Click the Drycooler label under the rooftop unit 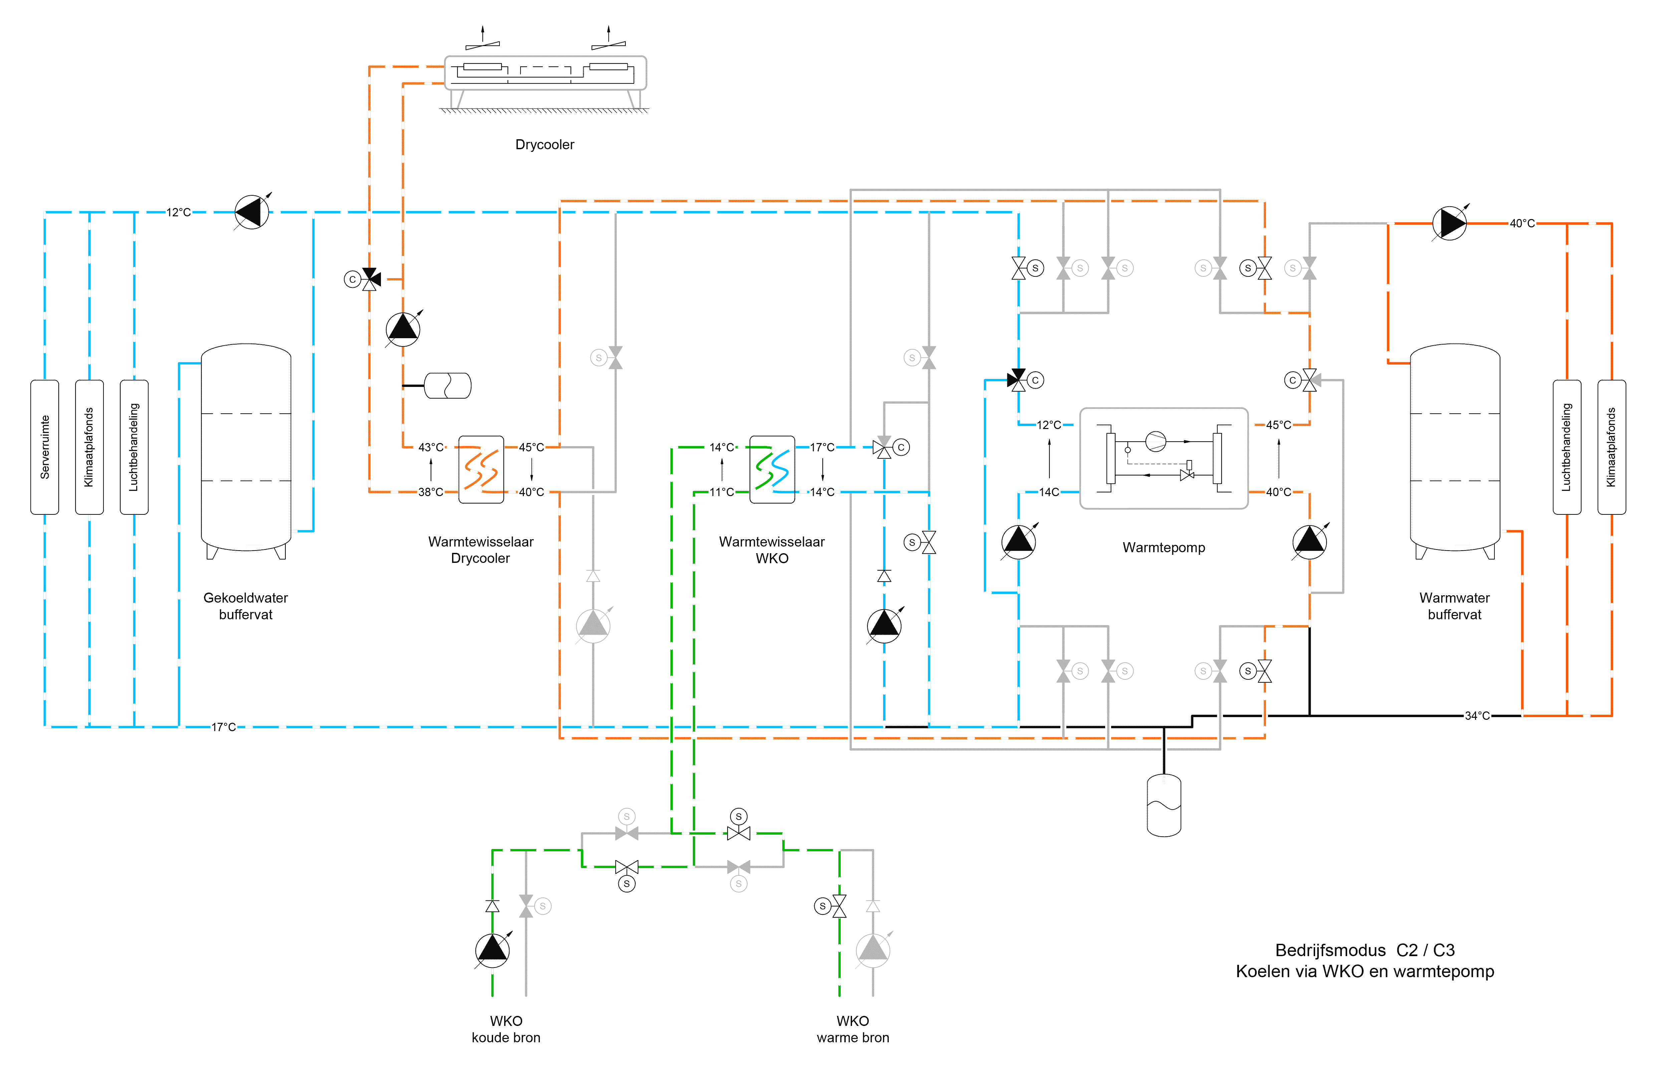(545, 145)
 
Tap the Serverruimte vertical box (44, 447)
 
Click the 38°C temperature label (430, 492)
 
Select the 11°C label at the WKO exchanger (721, 492)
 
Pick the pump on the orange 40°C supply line (1450, 223)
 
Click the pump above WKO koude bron (492, 950)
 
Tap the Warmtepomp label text (1164, 548)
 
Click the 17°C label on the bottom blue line (223, 727)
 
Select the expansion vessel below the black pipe (1164, 805)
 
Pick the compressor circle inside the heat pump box (1156, 441)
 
